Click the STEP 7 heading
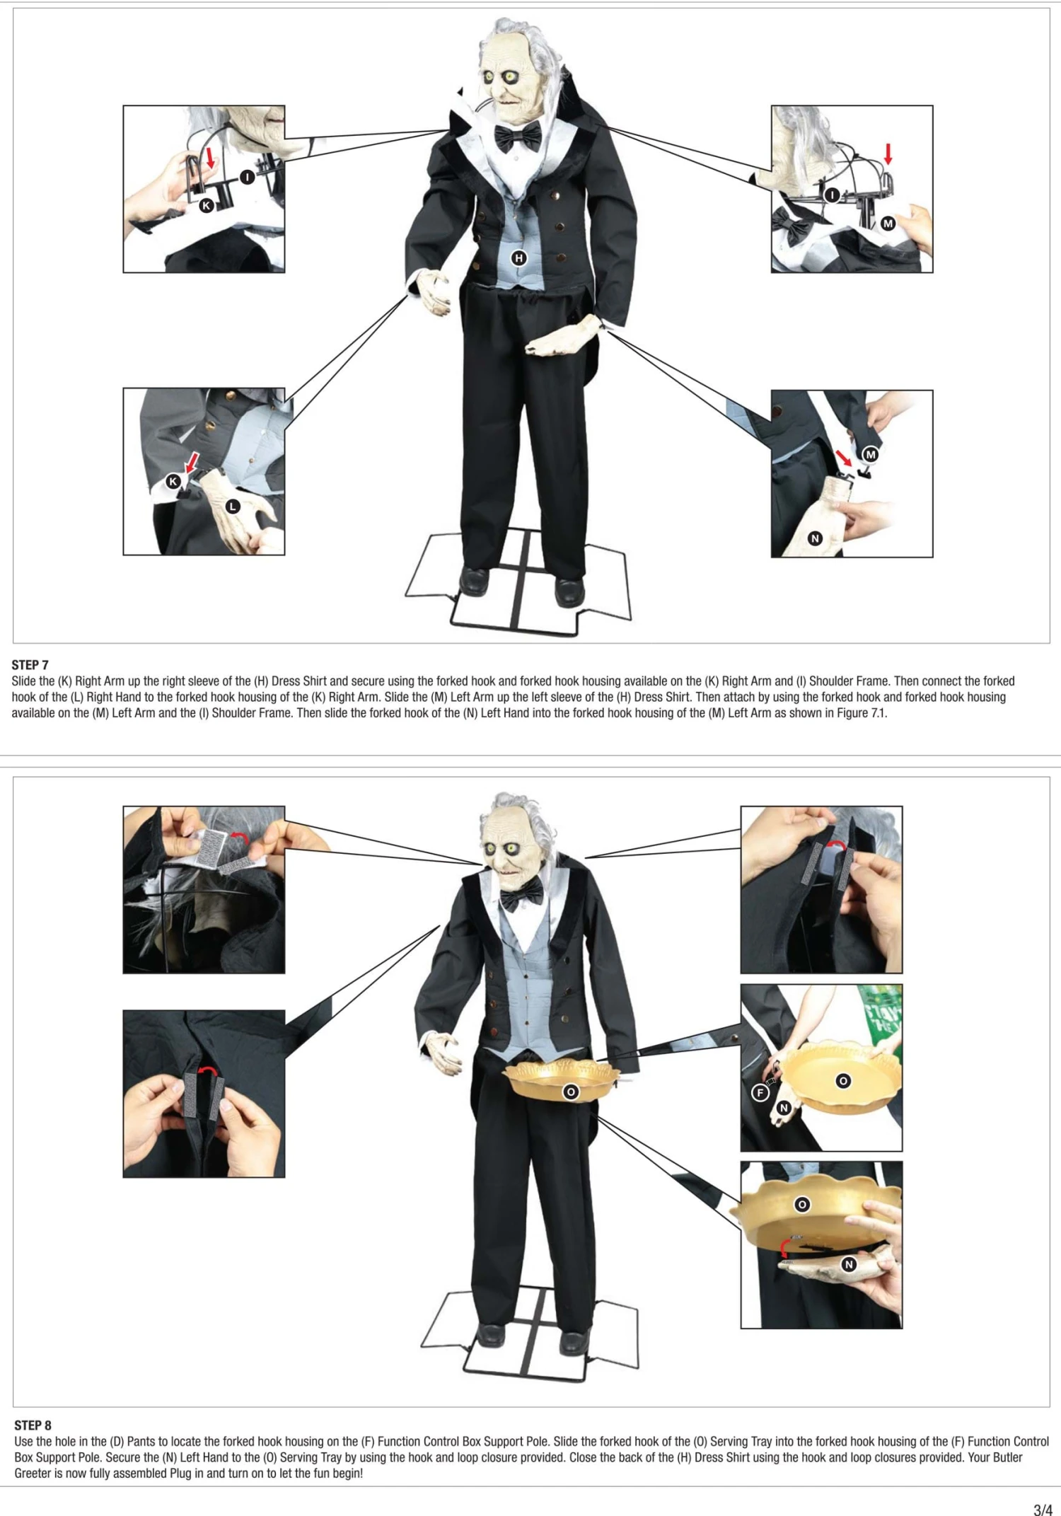click(30, 664)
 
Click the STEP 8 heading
click(33, 1425)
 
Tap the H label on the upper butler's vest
click(519, 258)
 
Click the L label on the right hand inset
click(232, 507)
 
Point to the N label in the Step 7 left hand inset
click(815, 538)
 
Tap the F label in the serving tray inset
click(760, 1092)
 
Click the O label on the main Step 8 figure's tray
click(571, 1092)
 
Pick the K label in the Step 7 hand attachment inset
click(173, 481)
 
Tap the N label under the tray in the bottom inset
click(849, 1264)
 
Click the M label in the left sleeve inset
click(871, 455)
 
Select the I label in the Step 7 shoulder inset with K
click(246, 177)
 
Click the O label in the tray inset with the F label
click(842, 1081)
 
